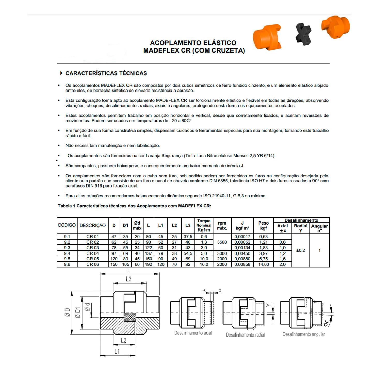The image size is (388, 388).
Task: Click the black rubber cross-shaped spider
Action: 303,34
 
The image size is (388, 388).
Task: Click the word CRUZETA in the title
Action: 228,50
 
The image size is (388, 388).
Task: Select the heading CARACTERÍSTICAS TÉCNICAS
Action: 106,73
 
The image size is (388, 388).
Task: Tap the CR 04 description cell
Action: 93,253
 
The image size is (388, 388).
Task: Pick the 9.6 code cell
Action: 67,264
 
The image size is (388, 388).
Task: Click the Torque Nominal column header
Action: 204,225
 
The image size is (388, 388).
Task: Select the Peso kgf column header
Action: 263,225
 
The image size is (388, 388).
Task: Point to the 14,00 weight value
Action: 263,264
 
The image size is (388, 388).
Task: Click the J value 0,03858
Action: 242,264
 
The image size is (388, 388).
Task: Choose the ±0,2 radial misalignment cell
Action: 301,250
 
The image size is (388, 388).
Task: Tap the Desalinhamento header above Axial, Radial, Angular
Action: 301,220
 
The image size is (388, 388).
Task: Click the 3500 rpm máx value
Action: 222,242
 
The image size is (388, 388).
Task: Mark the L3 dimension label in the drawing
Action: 129,279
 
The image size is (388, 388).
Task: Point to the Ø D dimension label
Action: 67,312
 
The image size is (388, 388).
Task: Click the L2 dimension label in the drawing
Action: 124,340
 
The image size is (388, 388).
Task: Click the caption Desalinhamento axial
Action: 193,333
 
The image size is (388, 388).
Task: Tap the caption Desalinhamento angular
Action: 304,334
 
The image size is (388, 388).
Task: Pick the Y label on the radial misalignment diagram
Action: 269,305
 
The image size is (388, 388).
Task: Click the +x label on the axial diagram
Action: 219,290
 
